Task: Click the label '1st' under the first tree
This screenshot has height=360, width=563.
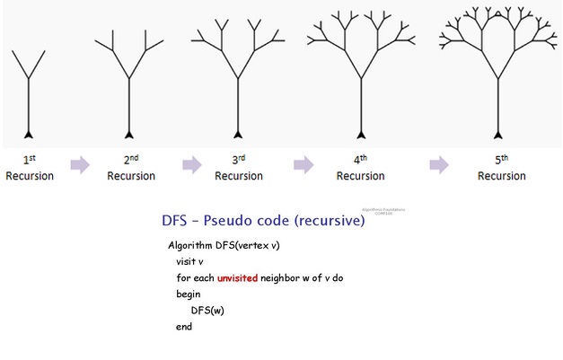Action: coord(30,160)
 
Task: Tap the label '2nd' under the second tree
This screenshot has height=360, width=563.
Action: coord(131,160)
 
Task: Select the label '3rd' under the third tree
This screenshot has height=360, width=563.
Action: coord(238,160)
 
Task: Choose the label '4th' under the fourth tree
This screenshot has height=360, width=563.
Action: coord(361,160)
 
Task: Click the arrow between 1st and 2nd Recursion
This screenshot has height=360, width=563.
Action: coord(81,165)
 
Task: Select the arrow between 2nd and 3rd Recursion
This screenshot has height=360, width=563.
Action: coord(191,165)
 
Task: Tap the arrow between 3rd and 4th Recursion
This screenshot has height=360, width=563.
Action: coord(303,165)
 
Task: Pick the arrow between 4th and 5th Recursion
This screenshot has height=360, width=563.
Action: coord(438,165)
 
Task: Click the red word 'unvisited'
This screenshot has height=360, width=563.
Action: coord(237,278)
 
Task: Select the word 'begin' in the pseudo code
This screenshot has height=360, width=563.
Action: coord(189,294)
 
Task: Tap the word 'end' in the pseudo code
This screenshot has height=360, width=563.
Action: coord(184,327)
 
